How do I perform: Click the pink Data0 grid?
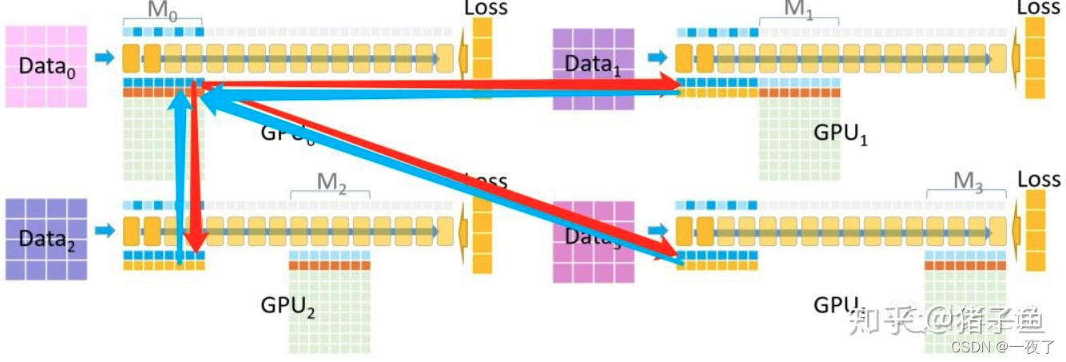[46, 66]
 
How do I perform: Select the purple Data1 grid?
[593, 69]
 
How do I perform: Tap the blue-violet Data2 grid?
[46, 239]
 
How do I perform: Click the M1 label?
[799, 9]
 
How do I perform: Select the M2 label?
[331, 182]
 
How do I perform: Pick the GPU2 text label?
[287, 306]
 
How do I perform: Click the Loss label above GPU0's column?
[485, 8]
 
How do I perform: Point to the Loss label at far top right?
[1038, 7]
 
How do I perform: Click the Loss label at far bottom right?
[1038, 179]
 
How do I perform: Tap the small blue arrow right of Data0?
[105, 58]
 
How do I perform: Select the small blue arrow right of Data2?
[105, 231]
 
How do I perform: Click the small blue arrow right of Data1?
[657, 58]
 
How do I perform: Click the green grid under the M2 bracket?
[330, 312]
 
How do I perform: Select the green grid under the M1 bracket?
[799, 140]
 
